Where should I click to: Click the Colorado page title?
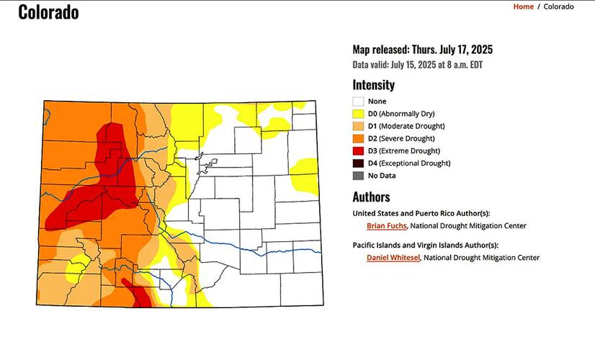pyautogui.click(x=48, y=12)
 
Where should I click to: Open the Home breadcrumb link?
pyautogui.click(x=523, y=6)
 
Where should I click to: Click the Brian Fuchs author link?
pyautogui.click(x=386, y=226)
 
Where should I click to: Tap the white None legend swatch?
pyautogui.click(x=358, y=102)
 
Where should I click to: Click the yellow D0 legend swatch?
pyautogui.click(x=358, y=114)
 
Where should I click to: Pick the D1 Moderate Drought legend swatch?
pyautogui.click(x=358, y=126)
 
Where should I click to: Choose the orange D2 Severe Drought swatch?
pyautogui.click(x=358, y=138)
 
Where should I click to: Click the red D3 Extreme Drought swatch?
pyautogui.click(x=358, y=150)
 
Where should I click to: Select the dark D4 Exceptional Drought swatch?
pyautogui.click(x=358, y=163)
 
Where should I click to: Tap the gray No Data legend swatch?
pyautogui.click(x=358, y=175)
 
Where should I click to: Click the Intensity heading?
pyautogui.click(x=373, y=85)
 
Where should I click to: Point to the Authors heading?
pyautogui.click(x=371, y=197)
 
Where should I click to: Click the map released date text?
pyautogui.click(x=422, y=50)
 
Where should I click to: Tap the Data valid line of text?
pyautogui.click(x=417, y=65)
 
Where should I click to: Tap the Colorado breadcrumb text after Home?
pyautogui.click(x=558, y=6)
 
